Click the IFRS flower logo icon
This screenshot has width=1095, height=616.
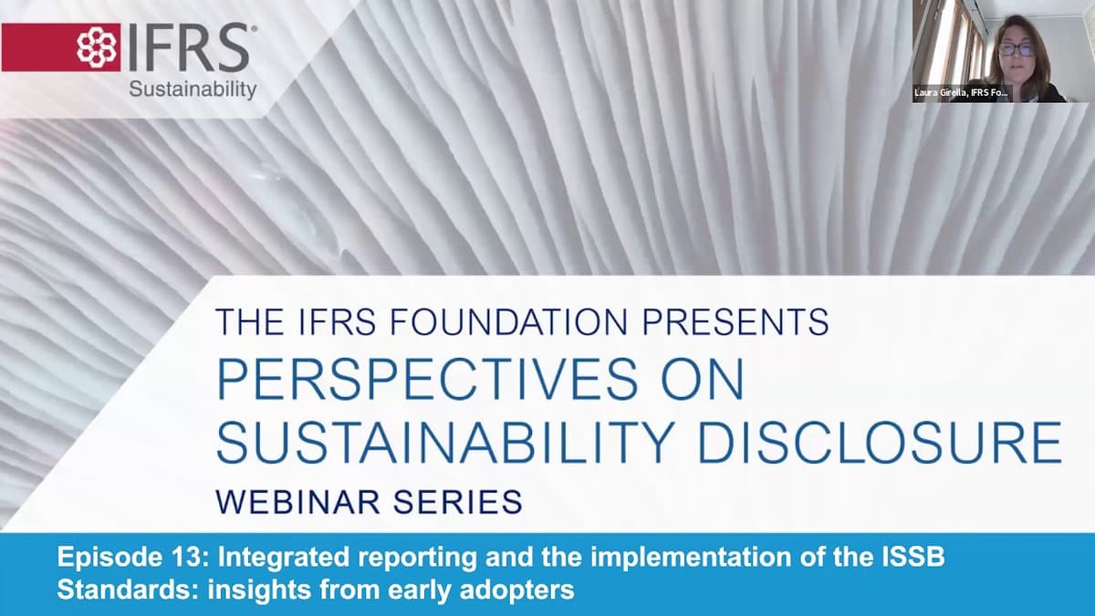97,47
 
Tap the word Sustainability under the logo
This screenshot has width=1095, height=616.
193,89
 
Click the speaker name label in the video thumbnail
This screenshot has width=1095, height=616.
962,93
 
